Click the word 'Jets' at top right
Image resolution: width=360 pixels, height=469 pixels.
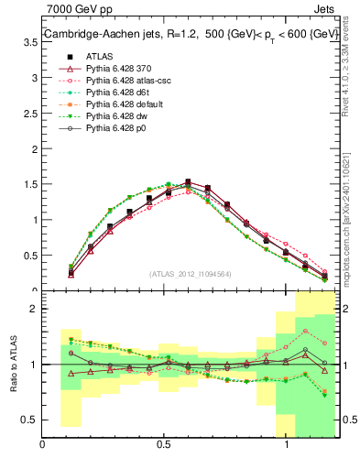(x=325, y=10)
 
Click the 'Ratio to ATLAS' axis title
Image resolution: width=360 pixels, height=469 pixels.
(x=13, y=364)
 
